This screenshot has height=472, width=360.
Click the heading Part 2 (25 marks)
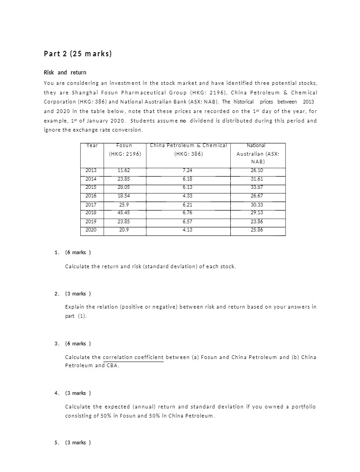(x=78, y=54)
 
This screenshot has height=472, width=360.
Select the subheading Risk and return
(x=65, y=73)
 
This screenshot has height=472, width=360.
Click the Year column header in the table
(x=92, y=146)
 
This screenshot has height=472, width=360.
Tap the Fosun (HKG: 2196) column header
(x=125, y=150)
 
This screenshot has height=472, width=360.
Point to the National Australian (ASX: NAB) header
(x=258, y=153)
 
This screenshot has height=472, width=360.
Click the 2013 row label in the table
(x=91, y=171)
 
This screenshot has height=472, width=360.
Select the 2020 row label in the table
(x=91, y=230)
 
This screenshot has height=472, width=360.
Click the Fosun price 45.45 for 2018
(x=124, y=213)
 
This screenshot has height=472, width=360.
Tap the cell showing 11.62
(x=124, y=171)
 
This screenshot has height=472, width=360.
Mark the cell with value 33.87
(x=257, y=187)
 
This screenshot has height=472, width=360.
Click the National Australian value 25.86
(x=257, y=230)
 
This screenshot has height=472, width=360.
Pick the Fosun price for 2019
(x=124, y=221)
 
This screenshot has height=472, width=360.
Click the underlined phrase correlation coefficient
(x=133, y=358)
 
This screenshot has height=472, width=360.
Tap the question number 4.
(x=56, y=393)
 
